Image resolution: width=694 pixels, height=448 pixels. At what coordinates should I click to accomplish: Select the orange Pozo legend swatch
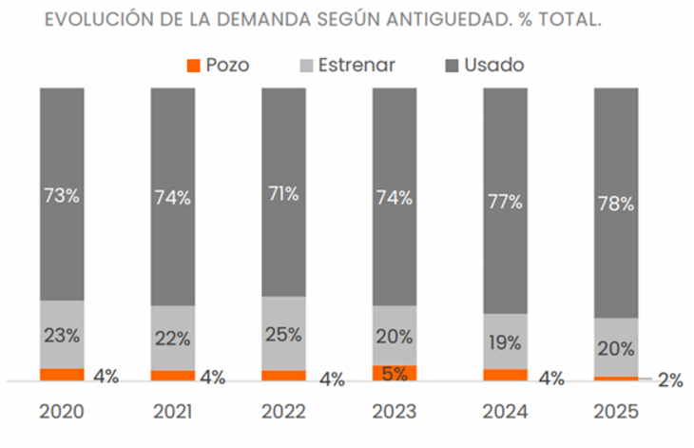[x=194, y=66]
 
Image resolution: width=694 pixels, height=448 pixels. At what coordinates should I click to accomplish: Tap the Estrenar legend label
[x=357, y=66]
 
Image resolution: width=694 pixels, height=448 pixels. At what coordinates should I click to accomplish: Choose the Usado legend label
[x=493, y=66]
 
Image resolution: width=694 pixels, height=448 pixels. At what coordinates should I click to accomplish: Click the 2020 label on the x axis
[x=62, y=412]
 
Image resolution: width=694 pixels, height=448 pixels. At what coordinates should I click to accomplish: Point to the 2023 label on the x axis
[x=394, y=412]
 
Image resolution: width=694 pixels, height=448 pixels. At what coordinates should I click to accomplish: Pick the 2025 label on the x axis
[x=615, y=412]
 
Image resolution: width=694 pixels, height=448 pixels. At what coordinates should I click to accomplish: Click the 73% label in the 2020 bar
[x=62, y=197]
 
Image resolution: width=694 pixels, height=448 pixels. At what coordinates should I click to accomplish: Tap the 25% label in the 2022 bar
[x=283, y=335]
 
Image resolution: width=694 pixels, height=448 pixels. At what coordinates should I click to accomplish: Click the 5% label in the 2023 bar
[x=394, y=373]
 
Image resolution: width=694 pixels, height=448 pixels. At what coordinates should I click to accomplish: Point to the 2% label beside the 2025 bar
[x=670, y=380]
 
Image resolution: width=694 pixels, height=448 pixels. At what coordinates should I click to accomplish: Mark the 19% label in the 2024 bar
[x=505, y=342]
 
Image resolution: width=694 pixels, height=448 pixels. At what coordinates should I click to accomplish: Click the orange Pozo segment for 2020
[x=62, y=375]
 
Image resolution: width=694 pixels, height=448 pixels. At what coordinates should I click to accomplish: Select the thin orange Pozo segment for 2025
[x=615, y=379]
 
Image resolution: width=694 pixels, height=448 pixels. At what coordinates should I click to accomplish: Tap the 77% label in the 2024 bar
[x=505, y=202]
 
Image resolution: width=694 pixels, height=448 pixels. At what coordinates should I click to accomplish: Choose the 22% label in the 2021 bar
[x=173, y=339]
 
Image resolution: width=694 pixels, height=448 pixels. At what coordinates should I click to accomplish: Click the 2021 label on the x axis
[x=173, y=412]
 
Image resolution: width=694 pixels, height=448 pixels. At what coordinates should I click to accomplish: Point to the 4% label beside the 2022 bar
[x=332, y=380]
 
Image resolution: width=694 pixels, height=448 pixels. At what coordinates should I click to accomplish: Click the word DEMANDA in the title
[x=251, y=20]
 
